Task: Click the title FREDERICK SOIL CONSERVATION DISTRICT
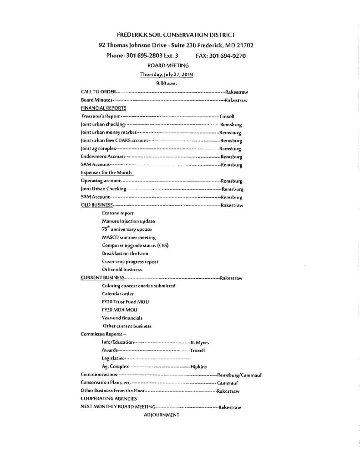point(176,35)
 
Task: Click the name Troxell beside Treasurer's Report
point(227,116)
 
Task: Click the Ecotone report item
point(118,213)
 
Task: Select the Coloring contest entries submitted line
point(139,286)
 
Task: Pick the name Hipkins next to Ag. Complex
point(198,367)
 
